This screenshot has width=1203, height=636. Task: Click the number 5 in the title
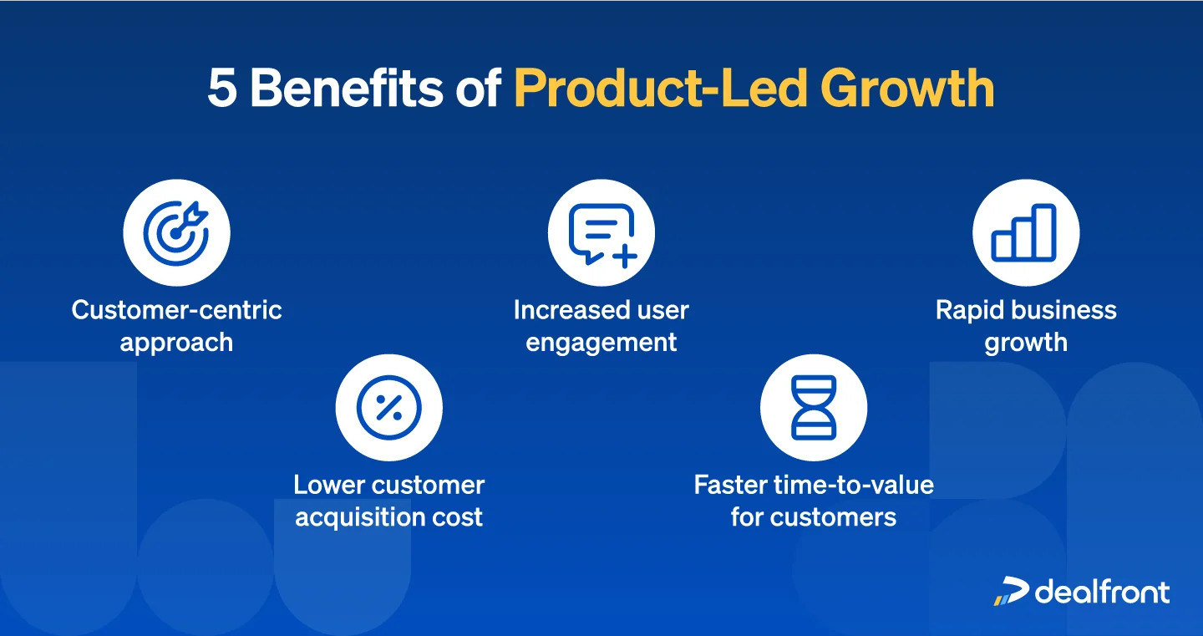pos(222,89)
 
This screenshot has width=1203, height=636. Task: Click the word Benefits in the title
pos(347,88)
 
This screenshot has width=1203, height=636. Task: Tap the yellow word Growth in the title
pos(907,88)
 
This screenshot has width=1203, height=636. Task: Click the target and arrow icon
pos(176,233)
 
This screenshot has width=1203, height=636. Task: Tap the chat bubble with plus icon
pos(602,235)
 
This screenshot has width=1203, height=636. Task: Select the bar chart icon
pos(1024,232)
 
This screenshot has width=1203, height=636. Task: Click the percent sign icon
pos(389,408)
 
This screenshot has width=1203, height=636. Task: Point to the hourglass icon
pos(814,408)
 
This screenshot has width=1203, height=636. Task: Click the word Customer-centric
pos(177,310)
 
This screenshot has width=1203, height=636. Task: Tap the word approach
pos(177,343)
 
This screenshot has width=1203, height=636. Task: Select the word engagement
pos(601,343)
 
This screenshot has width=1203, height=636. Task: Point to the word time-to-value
pos(854,485)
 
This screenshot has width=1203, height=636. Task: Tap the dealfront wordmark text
pos(1102,592)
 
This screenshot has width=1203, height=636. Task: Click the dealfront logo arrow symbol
pos(1011,591)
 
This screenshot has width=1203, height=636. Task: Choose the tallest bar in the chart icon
pos(1044,232)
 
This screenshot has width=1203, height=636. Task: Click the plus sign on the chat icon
pos(625,256)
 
